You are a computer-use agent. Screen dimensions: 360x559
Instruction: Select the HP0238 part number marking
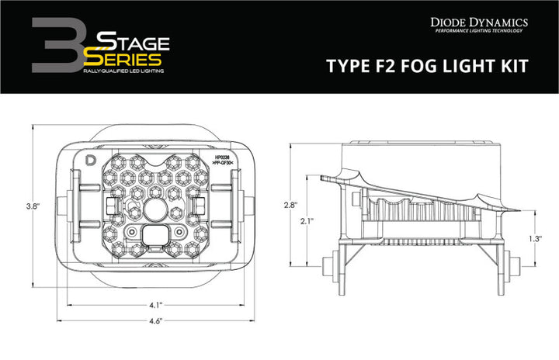tap(222, 157)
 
